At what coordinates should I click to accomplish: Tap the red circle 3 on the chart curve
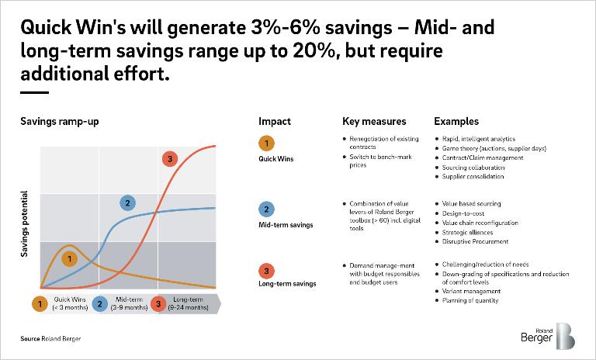click(x=169, y=159)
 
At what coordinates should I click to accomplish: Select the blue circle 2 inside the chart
click(x=126, y=202)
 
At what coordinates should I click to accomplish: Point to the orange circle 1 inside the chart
click(x=69, y=258)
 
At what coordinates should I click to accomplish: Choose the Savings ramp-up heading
click(x=60, y=122)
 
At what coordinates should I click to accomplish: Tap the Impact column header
click(x=275, y=122)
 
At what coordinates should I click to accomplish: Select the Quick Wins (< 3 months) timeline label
click(x=70, y=304)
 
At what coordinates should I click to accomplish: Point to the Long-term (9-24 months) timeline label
click(x=190, y=304)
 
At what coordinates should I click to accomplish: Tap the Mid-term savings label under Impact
click(x=286, y=225)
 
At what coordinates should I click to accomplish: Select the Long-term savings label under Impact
click(x=287, y=284)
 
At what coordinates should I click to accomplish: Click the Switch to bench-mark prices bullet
click(x=369, y=161)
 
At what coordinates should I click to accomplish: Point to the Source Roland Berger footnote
click(x=50, y=339)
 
